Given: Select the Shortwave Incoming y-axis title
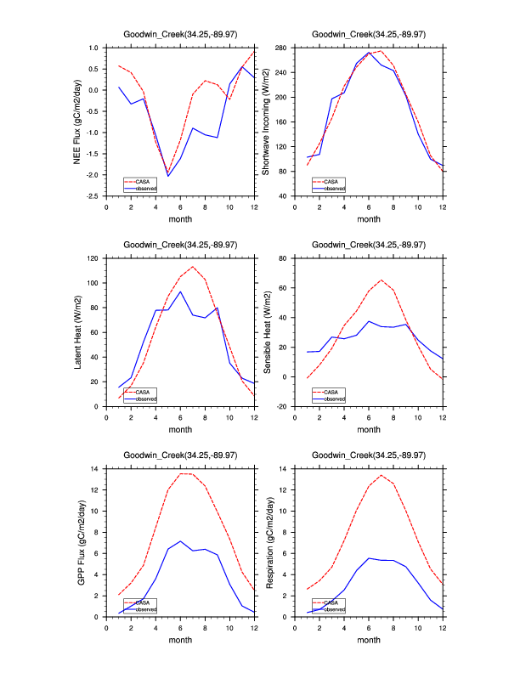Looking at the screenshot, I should coord(267,122).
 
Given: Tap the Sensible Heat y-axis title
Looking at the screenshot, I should coord(267,331).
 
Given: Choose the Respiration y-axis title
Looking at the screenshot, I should coord(267,542).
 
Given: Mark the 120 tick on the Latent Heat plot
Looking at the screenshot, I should coord(95,257).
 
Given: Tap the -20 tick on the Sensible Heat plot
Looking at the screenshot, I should coord(285,406).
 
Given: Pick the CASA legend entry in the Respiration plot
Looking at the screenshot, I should coord(333,602).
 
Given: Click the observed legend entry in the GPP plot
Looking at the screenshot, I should coord(146,608).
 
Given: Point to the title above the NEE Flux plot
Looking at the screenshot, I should coord(180,34).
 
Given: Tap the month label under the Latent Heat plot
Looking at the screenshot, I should coord(180,429).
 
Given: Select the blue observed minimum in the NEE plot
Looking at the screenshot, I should coord(168,176).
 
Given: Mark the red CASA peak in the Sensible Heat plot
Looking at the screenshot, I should coord(382,280).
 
